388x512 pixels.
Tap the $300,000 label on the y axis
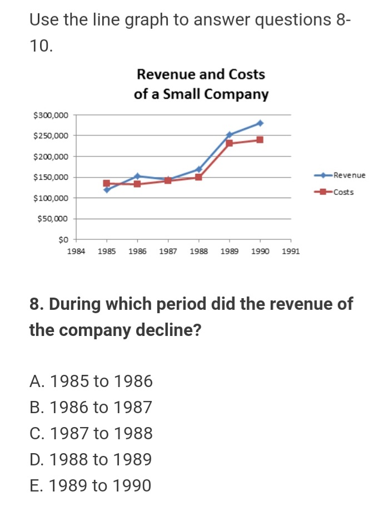(x=51, y=115)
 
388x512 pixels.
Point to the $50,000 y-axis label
(x=53, y=219)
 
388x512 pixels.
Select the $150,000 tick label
(x=51, y=178)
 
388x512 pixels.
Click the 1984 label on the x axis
(x=76, y=252)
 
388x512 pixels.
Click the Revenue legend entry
(x=349, y=175)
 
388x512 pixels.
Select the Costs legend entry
(x=343, y=192)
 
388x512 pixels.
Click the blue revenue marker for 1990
(x=260, y=123)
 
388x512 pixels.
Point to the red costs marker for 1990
(x=260, y=139)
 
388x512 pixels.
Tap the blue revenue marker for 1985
(x=107, y=190)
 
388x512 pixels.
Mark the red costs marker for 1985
(x=107, y=183)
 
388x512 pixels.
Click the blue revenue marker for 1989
(x=229, y=134)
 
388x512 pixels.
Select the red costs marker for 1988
(x=198, y=177)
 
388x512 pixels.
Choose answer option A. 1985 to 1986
(x=91, y=382)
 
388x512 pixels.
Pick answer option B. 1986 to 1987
(x=91, y=408)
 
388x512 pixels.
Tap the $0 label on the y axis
(x=62, y=240)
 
